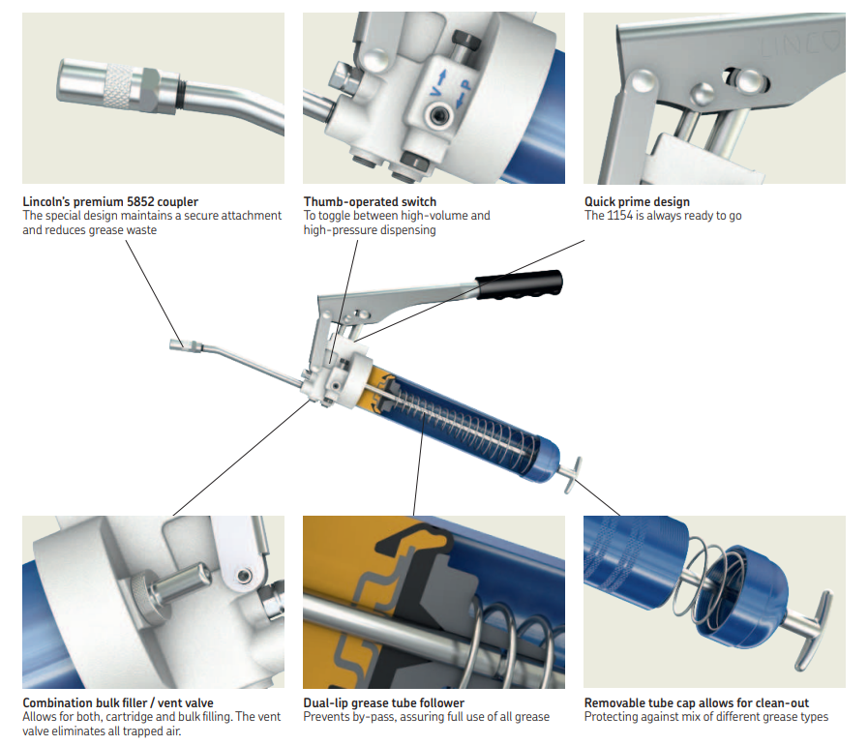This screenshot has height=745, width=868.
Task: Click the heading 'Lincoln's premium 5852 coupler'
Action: click(110, 201)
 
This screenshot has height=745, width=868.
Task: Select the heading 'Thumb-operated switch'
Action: click(370, 201)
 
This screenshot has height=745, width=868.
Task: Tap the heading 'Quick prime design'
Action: click(637, 201)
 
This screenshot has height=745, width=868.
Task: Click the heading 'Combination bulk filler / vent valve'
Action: click(118, 703)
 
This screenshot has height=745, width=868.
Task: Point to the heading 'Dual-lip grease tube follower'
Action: click(383, 703)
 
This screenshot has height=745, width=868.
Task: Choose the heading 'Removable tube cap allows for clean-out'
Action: click(697, 703)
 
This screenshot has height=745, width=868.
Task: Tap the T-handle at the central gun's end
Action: click(571, 474)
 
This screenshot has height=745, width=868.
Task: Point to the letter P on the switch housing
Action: click(465, 86)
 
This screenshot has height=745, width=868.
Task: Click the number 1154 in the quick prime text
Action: click(620, 216)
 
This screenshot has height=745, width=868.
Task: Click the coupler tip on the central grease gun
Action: click(177, 344)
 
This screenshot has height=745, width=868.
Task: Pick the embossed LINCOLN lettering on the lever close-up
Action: click(801, 45)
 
